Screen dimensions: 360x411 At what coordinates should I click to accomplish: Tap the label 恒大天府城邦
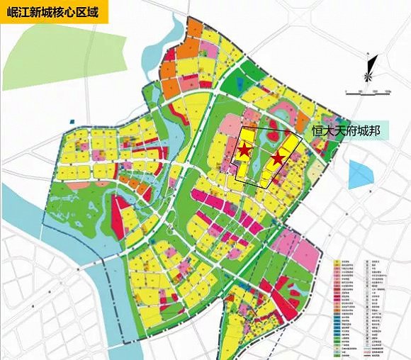tap(346, 131)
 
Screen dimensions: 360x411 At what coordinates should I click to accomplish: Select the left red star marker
tap(243, 150)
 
